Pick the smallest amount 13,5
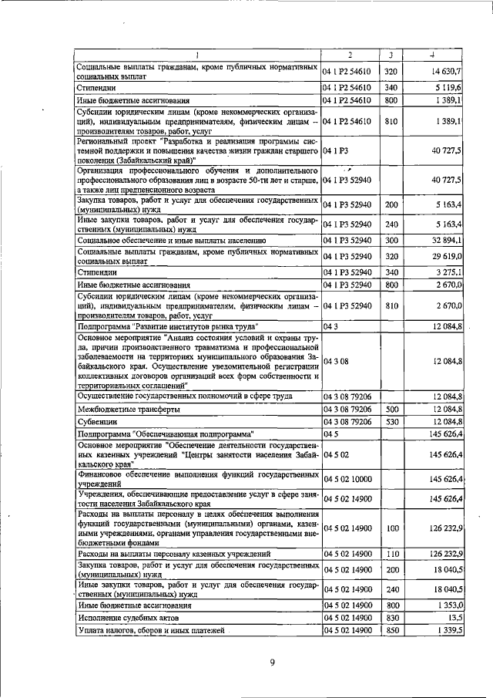(x=454, y=618)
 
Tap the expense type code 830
(x=391, y=618)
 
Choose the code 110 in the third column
(x=391, y=554)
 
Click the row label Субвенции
(x=96, y=423)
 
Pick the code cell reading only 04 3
(x=331, y=327)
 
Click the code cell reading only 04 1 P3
(x=337, y=150)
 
